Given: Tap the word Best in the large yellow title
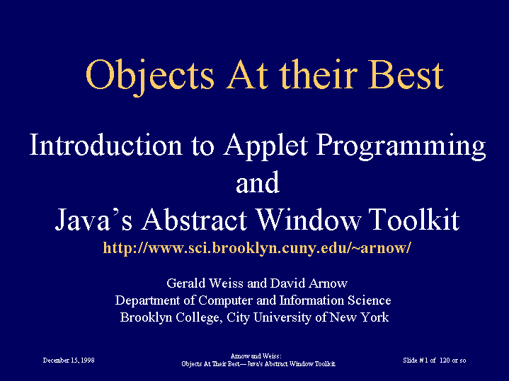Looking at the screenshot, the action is (406, 75).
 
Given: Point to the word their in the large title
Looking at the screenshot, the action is (318, 74).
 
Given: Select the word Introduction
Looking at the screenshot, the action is (105, 144).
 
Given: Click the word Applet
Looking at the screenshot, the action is (265, 146).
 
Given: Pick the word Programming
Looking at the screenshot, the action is (401, 146).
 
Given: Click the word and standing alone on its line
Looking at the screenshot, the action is (258, 182).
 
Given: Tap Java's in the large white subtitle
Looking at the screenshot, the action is (93, 219).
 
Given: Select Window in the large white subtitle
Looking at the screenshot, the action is (309, 219).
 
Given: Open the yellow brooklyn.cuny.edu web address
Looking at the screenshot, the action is (257, 248).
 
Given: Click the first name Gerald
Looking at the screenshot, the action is (186, 283).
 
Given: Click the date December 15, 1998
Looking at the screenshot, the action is (69, 361).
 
